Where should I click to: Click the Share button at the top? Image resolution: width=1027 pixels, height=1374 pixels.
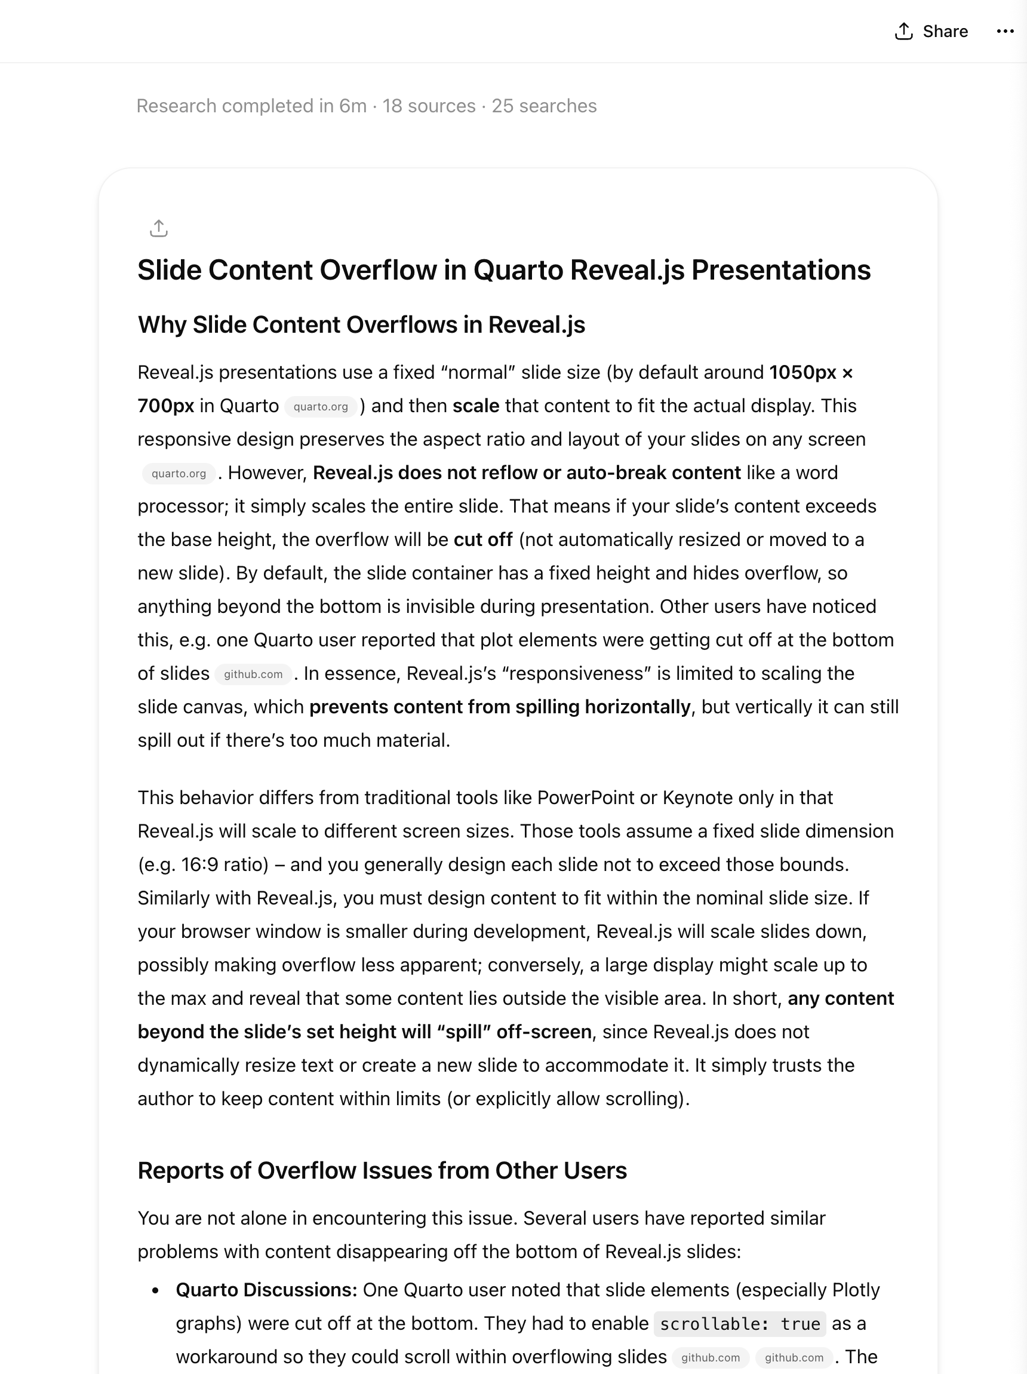click(x=931, y=31)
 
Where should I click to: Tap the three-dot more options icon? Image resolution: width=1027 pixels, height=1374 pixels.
click(x=1005, y=31)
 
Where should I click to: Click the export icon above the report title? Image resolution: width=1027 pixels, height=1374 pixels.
click(x=159, y=229)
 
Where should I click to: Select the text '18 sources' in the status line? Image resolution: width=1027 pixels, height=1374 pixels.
click(x=429, y=106)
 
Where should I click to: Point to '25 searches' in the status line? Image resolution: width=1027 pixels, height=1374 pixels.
click(x=544, y=106)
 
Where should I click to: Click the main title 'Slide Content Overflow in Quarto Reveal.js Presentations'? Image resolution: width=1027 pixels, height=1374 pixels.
click(x=503, y=270)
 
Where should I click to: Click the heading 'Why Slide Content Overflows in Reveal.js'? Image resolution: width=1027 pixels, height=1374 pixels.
click(x=361, y=325)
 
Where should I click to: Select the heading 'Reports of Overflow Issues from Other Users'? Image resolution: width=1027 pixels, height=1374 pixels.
click(x=382, y=1170)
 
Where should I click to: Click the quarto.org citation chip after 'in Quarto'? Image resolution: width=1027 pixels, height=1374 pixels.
click(x=321, y=406)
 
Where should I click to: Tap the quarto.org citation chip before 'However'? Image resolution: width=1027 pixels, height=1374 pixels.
click(x=179, y=473)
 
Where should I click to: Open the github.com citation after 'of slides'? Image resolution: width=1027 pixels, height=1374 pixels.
click(x=253, y=674)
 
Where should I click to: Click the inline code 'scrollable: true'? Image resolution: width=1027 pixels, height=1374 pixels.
click(x=740, y=1324)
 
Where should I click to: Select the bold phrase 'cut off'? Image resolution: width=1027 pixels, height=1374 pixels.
click(x=483, y=540)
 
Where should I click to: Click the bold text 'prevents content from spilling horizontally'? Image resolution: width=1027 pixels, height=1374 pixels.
click(x=500, y=707)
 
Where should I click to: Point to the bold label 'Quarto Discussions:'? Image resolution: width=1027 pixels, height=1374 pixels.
click(x=266, y=1290)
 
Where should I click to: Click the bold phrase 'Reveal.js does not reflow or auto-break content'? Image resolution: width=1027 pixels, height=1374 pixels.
click(x=527, y=473)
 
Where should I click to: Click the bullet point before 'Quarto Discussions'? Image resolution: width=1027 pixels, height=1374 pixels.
click(x=155, y=1291)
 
